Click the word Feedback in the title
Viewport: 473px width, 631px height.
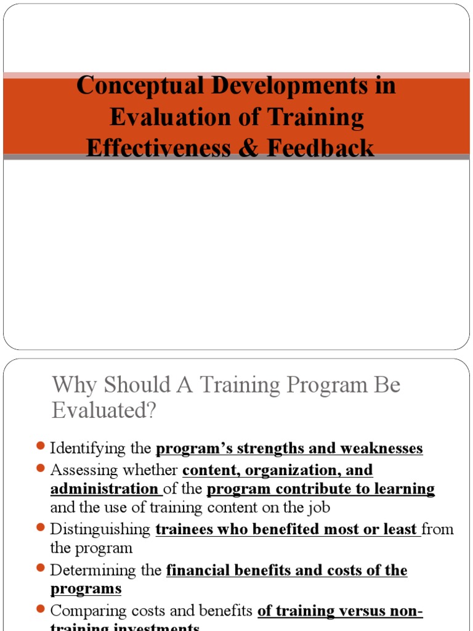point(324,148)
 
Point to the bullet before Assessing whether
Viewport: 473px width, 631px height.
point(41,468)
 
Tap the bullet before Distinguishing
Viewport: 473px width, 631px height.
point(41,527)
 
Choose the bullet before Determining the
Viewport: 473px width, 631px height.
point(41,569)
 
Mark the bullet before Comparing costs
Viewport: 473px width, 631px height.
point(41,609)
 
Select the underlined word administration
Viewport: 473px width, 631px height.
point(104,489)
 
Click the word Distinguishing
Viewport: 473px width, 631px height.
point(100,529)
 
